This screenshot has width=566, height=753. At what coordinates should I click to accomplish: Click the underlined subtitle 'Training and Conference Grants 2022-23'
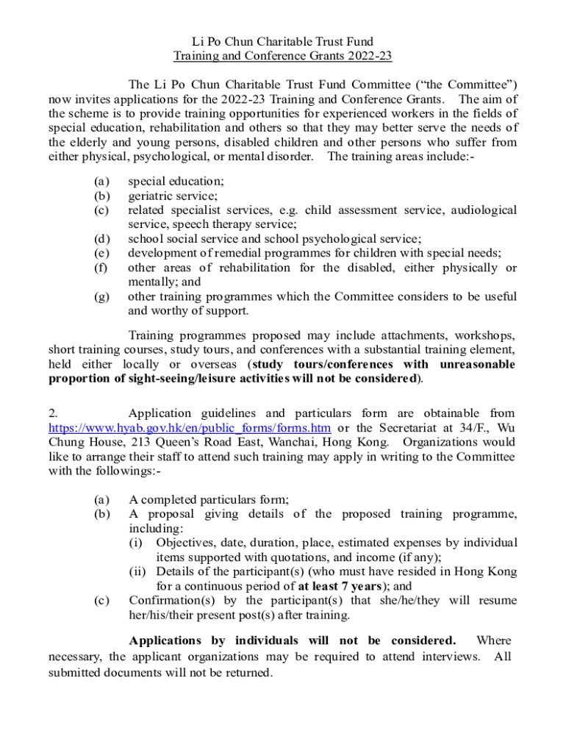click(x=283, y=56)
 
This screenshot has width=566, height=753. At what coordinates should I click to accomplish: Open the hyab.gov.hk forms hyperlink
click(x=189, y=428)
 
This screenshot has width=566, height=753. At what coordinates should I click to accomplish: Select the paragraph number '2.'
click(x=54, y=414)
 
